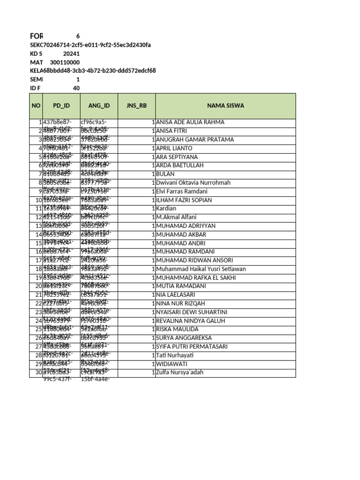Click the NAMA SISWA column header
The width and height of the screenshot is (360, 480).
tap(225, 105)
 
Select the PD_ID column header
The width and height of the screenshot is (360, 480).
tap(61, 105)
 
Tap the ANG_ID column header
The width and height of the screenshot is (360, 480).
tap(99, 105)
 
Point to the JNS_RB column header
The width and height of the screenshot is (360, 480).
tap(136, 105)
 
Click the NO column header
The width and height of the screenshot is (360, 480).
tap(36, 105)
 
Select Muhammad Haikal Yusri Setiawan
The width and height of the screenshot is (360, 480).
tap(201, 269)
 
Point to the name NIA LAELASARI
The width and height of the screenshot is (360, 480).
tap(176, 295)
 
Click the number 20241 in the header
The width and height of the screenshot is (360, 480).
tap(71, 54)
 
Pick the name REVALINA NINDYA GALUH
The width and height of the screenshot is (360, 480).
tap(190, 321)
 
